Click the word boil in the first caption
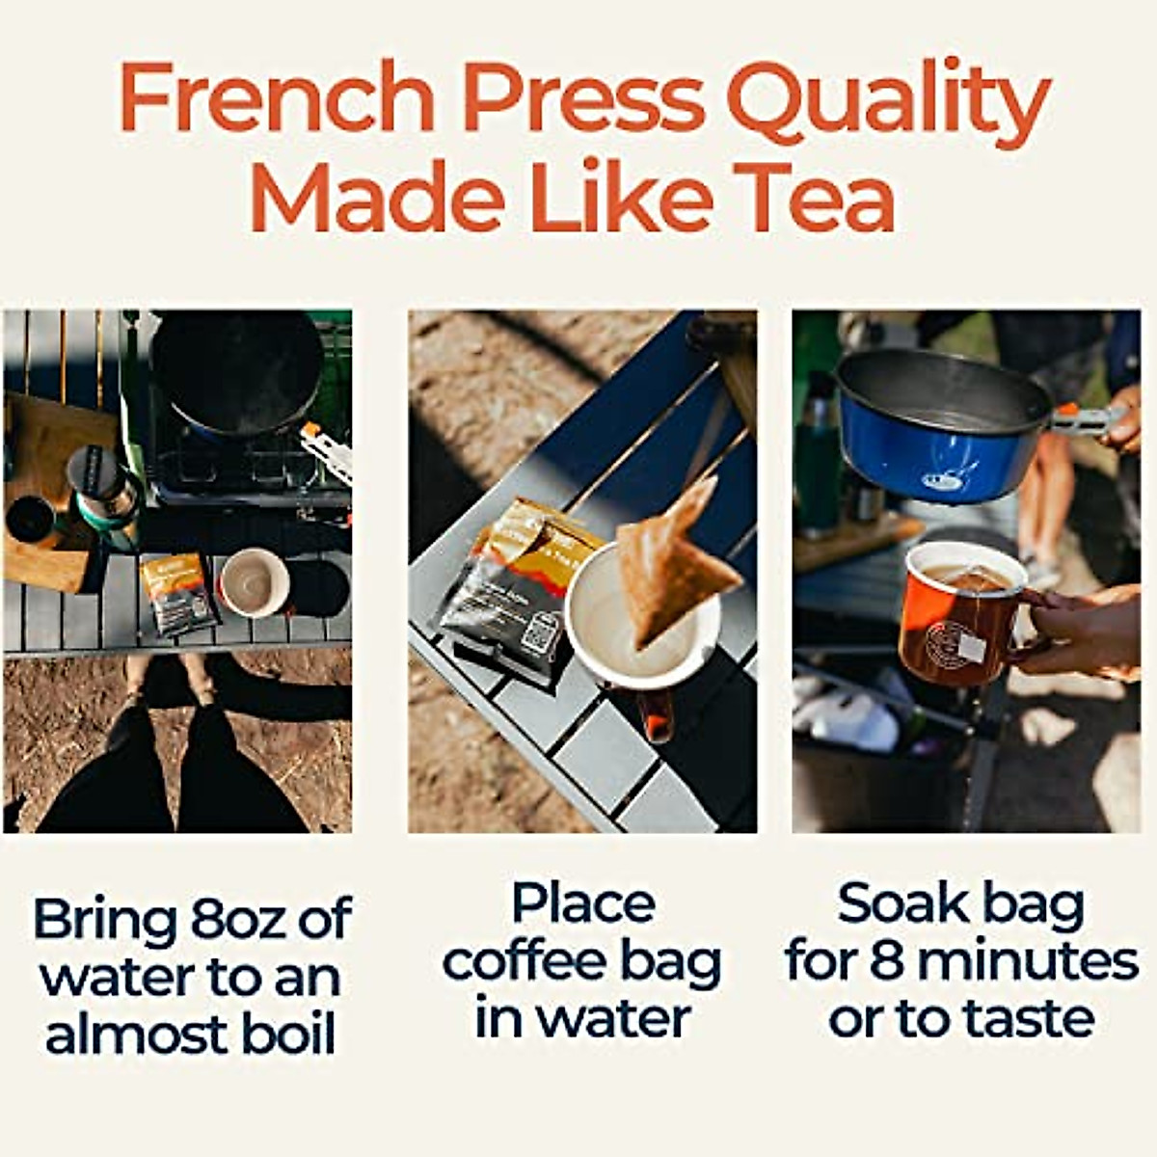[288, 1035]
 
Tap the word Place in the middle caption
[582, 903]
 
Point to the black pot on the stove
[236, 371]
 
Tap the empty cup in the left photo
[255, 582]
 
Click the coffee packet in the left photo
[179, 593]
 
